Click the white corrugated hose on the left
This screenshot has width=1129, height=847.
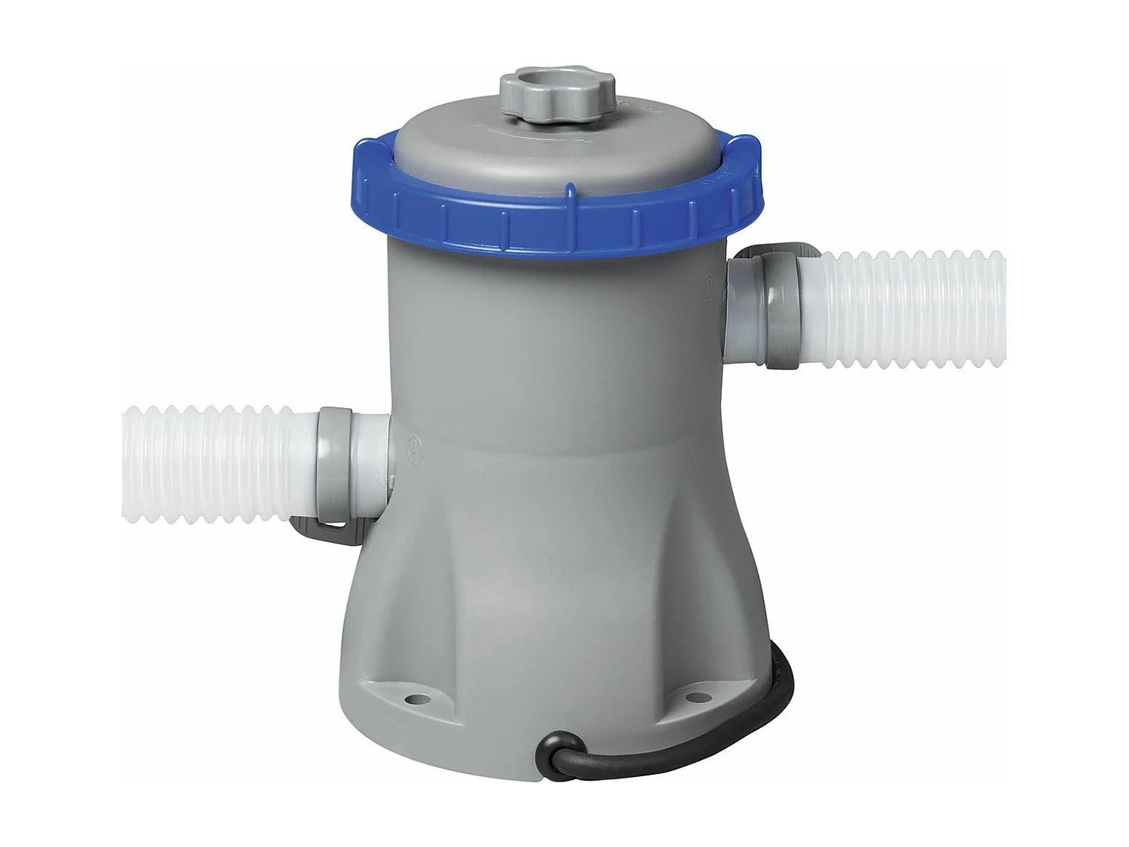point(211,463)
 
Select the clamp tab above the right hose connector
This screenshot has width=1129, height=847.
point(783,251)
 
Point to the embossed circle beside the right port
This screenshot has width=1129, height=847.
point(709,285)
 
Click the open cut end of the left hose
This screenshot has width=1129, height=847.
point(126,463)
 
